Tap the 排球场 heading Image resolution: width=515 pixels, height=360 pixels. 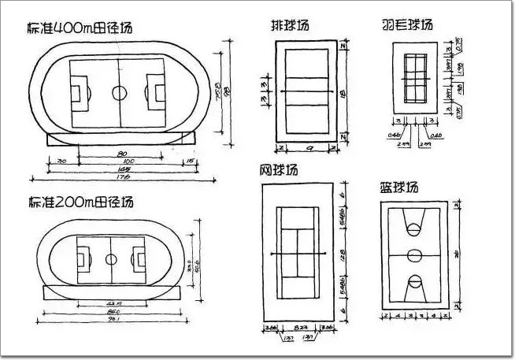coord(289,25)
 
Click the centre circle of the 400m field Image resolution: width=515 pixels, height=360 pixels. coord(119,92)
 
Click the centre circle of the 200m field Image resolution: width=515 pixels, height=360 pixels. coord(111,258)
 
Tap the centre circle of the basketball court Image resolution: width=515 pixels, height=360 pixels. coord(414,255)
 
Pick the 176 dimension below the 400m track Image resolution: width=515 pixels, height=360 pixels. coord(123,177)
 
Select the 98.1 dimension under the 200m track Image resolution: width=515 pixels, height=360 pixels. coord(113,320)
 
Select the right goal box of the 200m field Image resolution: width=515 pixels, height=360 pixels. coord(140,258)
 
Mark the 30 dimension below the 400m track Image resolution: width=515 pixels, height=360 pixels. coord(61,162)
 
